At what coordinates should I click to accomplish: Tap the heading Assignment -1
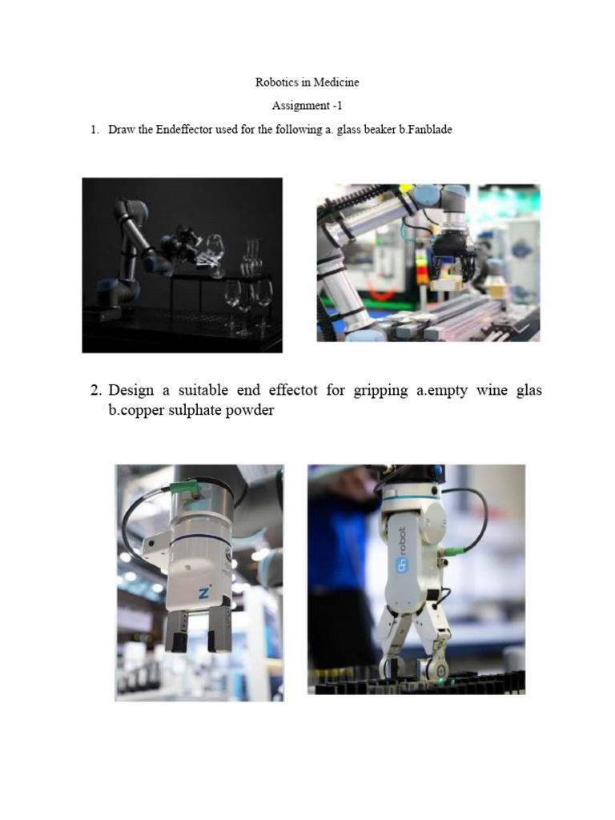click(x=307, y=105)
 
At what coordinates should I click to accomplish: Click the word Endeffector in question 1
click(x=184, y=129)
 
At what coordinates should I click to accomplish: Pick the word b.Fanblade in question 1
click(x=425, y=129)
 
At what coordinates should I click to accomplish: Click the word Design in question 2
click(x=131, y=390)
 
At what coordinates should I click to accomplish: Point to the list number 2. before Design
click(x=96, y=390)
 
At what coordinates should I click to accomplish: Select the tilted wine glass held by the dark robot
click(x=214, y=255)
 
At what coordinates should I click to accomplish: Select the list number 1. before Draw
click(x=94, y=129)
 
